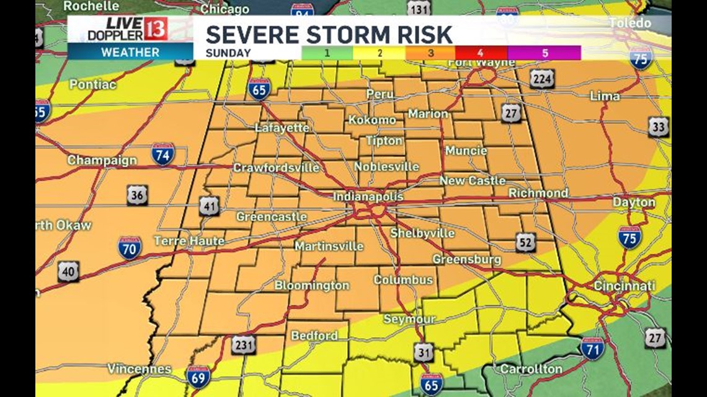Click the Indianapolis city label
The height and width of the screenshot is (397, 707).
tap(368, 196)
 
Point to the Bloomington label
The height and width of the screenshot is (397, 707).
tap(312, 286)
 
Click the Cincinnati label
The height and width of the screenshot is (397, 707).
tap(624, 286)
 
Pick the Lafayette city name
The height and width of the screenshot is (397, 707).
tap(282, 128)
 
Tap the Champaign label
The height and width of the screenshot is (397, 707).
tap(102, 160)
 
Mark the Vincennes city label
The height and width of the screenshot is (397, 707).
tap(139, 369)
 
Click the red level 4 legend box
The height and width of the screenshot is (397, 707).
tap(481, 53)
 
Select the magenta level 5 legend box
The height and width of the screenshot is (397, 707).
tap(545, 53)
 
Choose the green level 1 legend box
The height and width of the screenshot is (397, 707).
tap(327, 53)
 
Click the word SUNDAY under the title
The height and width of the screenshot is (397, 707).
tap(229, 53)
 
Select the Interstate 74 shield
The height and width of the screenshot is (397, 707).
tap(163, 154)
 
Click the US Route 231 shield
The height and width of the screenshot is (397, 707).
tap(242, 345)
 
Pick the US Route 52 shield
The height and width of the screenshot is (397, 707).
tap(525, 242)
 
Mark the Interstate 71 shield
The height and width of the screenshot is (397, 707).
tap(592, 348)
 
